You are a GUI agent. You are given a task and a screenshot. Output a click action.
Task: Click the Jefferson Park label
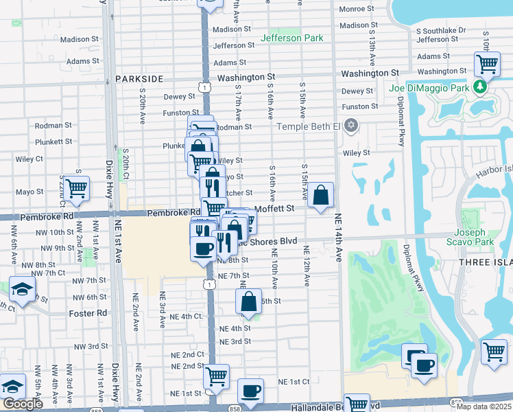coord(291,38)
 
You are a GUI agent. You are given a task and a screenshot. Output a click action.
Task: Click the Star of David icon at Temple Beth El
coord(351,126)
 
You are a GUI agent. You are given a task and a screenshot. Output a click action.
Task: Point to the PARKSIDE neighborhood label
coord(140,79)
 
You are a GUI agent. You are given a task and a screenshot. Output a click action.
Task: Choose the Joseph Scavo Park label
coord(474,237)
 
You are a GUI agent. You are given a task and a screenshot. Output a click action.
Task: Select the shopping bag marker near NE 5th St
coord(248,301)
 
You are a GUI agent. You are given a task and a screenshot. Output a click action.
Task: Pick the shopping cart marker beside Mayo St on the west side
coord(76,187)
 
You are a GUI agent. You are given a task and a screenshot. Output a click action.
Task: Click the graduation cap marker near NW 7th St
coord(22,288)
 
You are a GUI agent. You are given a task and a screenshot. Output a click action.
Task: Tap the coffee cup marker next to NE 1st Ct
coord(250,391)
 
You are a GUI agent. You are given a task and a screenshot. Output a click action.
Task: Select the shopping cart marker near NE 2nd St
coord(216,376)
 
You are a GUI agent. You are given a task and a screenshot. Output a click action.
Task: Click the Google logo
coord(23,404)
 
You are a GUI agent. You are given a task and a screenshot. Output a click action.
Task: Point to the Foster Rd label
coord(88,313)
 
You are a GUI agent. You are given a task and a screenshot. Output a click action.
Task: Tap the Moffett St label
coord(274,207)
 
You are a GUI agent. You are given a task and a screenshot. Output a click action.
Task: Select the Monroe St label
coord(357,10)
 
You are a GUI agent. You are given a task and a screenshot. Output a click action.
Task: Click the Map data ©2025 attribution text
coord(484,407)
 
